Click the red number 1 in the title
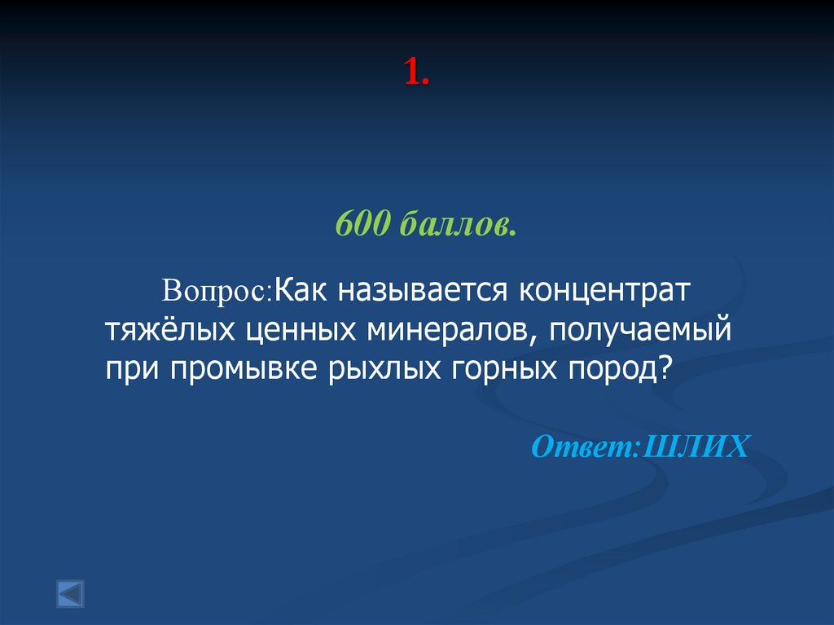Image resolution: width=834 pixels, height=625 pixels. pyautogui.click(x=412, y=74)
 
